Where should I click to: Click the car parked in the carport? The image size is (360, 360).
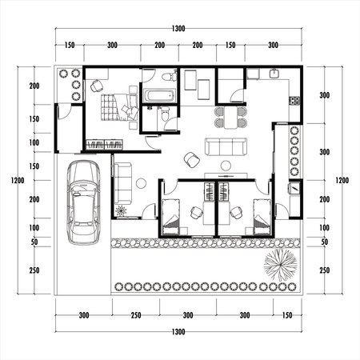83,202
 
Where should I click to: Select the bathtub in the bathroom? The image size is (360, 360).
159,97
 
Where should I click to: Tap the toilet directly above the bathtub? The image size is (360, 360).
166,78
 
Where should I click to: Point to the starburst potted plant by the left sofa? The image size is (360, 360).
121,212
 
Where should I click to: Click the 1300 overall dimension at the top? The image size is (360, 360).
178,28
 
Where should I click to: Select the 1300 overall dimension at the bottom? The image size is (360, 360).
178,330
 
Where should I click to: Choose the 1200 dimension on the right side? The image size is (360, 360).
342,181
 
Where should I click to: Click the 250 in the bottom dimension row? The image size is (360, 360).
136,315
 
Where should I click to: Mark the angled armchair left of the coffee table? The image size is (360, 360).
192,159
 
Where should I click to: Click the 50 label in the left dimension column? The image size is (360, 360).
34,242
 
